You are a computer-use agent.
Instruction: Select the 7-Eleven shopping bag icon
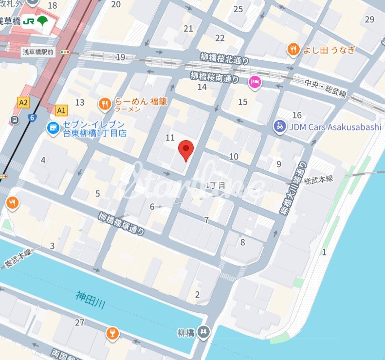tap(51, 127)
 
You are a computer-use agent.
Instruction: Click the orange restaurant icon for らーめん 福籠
tap(105, 103)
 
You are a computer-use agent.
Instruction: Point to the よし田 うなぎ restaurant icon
tap(293, 49)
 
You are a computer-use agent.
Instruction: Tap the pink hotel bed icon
tap(254, 82)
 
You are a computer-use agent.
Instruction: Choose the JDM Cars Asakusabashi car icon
tap(279, 127)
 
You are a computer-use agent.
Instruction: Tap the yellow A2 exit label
tap(23, 102)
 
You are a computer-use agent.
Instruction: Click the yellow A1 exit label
tap(61, 110)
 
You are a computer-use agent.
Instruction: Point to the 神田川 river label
tap(91, 300)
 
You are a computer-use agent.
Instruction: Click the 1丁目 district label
tap(216, 185)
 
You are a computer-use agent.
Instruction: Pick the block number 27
tap(80, 322)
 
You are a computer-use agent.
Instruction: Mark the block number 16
tap(297, 115)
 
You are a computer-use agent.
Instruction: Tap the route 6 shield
tap(32, 117)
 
